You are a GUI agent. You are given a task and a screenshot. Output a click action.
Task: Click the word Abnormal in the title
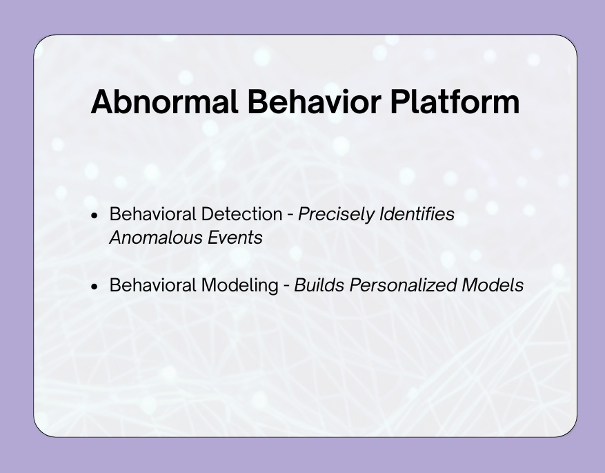click(164, 102)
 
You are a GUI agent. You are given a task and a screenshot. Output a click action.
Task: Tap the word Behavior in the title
click(315, 102)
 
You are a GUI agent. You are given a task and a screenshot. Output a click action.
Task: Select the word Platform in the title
click(455, 102)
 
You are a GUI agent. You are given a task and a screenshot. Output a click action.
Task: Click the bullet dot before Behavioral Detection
click(95, 215)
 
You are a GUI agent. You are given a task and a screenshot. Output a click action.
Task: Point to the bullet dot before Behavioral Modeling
click(95, 287)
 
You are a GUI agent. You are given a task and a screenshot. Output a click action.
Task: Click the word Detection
click(241, 214)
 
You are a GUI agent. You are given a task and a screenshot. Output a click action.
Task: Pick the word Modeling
click(239, 285)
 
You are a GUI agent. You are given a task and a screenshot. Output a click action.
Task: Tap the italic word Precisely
click(336, 214)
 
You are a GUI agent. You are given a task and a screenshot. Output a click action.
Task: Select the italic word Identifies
click(417, 214)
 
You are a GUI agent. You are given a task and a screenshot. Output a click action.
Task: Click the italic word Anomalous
click(156, 238)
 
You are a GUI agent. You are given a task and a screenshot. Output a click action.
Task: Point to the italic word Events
click(235, 238)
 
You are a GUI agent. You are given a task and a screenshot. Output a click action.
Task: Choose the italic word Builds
click(319, 285)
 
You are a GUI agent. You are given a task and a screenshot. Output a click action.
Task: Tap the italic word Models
click(493, 285)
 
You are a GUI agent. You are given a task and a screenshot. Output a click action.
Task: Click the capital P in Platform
click(399, 102)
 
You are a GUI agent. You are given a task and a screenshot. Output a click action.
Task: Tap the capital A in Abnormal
click(101, 102)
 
